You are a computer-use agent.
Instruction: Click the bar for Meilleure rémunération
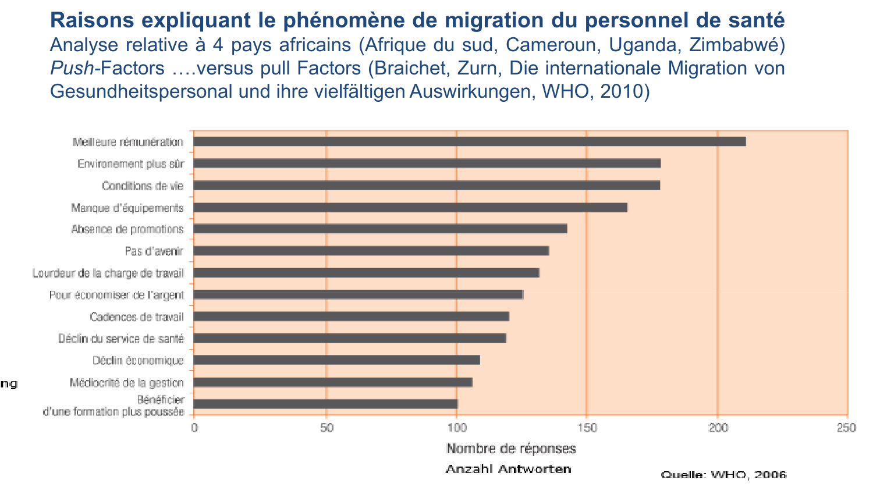(469, 141)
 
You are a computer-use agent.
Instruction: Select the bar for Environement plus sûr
(427, 163)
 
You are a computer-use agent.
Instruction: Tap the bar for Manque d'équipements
(410, 207)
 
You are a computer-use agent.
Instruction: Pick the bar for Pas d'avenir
(371, 251)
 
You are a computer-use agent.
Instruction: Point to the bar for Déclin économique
(336, 360)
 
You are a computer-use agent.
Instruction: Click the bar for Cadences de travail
(351, 316)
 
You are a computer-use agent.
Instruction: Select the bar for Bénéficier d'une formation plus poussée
(325, 404)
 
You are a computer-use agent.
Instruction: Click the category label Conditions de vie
(143, 186)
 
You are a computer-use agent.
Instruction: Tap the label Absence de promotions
(127, 229)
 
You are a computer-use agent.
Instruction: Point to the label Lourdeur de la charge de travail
(108, 273)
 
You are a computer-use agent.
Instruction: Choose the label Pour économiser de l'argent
(116, 295)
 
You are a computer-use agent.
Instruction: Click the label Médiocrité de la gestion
(126, 383)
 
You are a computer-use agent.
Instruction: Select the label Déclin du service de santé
(121, 339)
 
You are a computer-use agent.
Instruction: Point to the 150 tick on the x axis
(587, 428)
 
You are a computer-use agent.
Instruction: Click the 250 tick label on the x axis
(846, 428)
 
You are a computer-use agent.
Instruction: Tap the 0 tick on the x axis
(194, 428)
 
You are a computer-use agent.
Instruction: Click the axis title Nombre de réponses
(511, 449)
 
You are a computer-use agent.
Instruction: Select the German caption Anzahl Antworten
(508, 469)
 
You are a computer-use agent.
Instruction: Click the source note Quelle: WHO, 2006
(723, 475)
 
